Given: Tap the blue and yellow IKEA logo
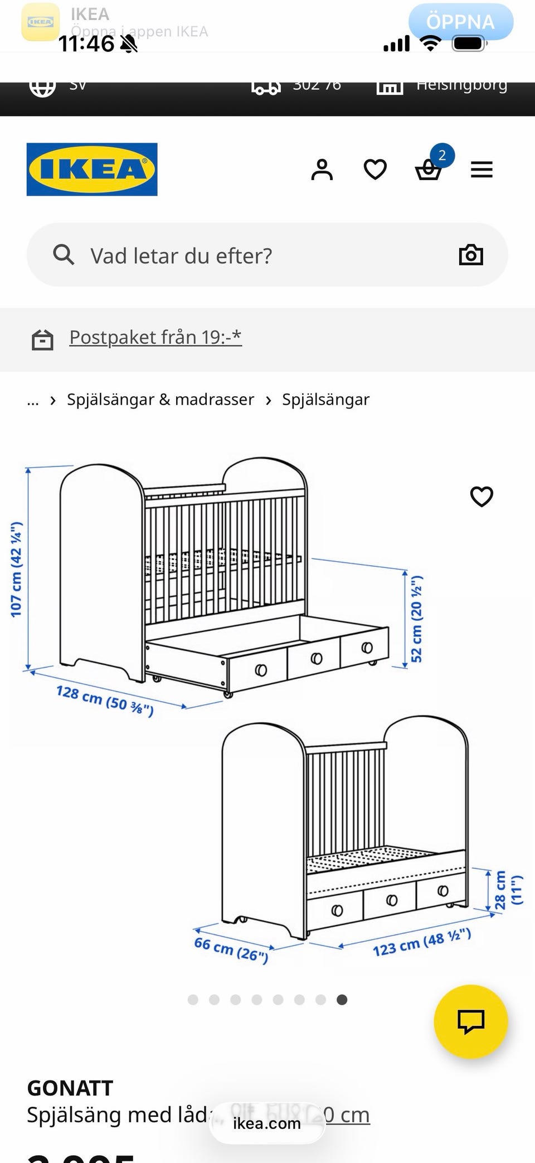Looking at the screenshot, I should coord(92,169).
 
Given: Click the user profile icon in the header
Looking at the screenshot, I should coord(322,169).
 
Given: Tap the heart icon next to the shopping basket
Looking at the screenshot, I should coord(375,169).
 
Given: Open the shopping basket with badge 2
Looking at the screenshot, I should coord(429,169).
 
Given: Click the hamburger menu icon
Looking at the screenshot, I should coord(481,169).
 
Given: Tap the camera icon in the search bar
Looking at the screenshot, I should coord(471,255).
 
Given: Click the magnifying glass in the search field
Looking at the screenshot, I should coord(63,255).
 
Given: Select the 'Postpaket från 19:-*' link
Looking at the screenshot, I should coord(155,337).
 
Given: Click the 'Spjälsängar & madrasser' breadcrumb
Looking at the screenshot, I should coord(160,400).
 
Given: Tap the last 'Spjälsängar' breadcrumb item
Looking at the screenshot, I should coord(325,400).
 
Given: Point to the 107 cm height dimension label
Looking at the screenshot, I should coord(16,569).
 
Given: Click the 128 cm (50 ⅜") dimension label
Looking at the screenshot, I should coord(105,700).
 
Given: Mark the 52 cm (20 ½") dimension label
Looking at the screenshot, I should coord(417,619).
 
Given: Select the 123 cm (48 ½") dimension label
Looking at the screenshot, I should coord(422,942).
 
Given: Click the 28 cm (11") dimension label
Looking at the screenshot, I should coord(508,890).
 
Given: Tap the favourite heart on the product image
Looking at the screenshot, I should coord(481,497).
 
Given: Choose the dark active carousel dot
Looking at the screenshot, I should coord(342,1000).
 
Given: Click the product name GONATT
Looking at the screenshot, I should coord(70,1088).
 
